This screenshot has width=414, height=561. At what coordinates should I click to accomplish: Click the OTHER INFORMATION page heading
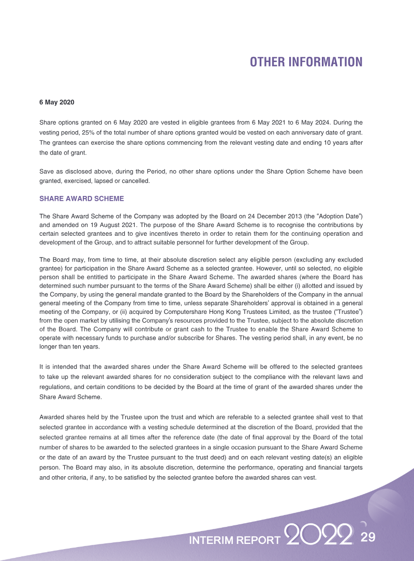(306, 62)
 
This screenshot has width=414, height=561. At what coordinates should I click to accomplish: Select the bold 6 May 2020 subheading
(57, 102)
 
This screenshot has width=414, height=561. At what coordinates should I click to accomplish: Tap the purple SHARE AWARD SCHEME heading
(82, 199)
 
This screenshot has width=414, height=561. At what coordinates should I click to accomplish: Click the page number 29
(367, 537)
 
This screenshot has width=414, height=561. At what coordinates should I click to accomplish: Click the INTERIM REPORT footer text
(235, 540)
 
